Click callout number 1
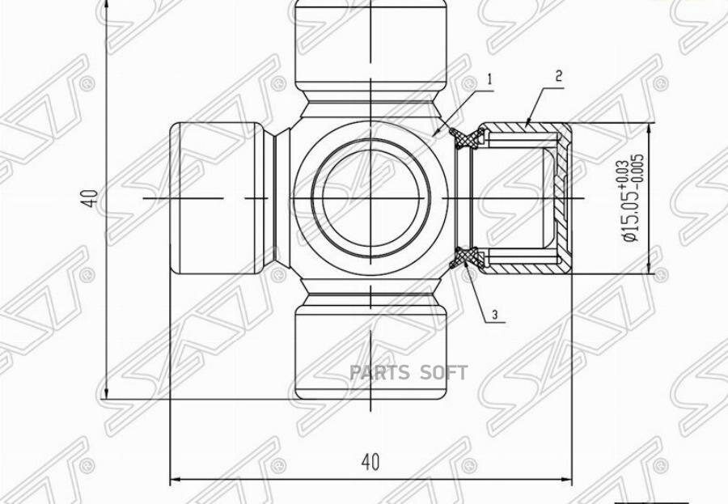coord(490,79)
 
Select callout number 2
coord(558,76)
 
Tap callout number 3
coord(495,315)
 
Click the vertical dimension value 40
coord(93,198)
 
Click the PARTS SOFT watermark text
coord(408,373)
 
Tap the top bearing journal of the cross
coord(370,46)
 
